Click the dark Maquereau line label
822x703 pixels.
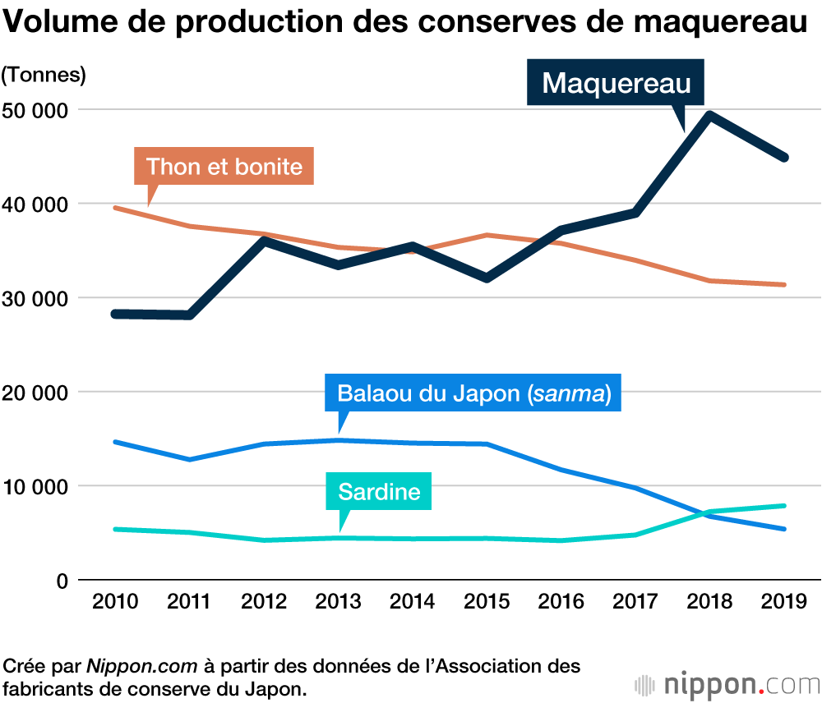click(616, 83)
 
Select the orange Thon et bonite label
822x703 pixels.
click(224, 168)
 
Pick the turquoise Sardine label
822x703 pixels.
click(379, 491)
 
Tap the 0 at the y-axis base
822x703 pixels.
click(61, 580)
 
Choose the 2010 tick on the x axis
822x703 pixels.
click(115, 602)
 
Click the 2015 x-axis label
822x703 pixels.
click(487, 602)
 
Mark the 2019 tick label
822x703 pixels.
click(784, 602)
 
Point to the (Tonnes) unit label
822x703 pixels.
click(44, 75)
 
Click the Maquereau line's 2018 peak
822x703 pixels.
click(709, 115)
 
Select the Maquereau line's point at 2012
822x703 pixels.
click(264, 240)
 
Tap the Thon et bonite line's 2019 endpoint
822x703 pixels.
click(784, 285)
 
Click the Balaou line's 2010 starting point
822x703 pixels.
click(115, 442)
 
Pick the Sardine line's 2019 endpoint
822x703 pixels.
click(784, 506)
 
